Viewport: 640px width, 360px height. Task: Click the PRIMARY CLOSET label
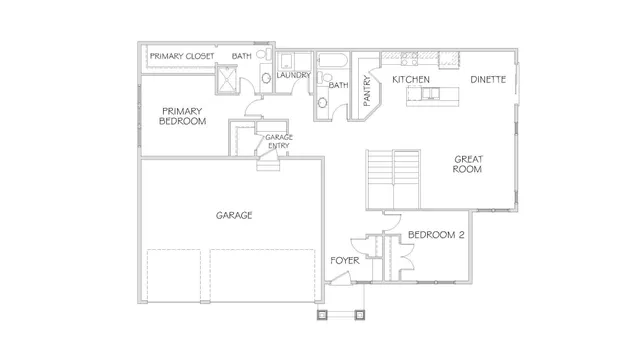(x=182, y=56)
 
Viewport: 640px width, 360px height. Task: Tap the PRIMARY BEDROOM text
(x=182, y=116)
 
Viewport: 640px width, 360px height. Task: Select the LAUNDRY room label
(x=294, y=75)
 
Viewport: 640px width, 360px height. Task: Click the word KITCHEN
(x=411, y=78)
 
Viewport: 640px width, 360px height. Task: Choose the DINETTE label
(x=488, y=78)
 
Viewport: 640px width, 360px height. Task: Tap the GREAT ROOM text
(x=468, y=164)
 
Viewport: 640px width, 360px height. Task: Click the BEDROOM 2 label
(x=436, y=236)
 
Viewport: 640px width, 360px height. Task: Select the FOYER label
(x=345, y=260)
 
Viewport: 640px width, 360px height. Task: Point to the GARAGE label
(x=233, y=215)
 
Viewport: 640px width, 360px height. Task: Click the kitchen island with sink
(x=430, y=95)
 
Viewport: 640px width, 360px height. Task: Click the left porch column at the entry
(x=322, y=315)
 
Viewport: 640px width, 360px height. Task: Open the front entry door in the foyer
(x=342, y=285)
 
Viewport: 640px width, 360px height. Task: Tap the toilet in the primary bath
(x=264, y=78)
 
